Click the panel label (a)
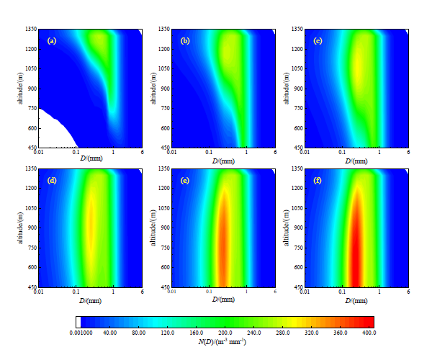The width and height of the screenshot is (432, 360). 52,41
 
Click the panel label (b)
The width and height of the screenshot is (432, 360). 185,41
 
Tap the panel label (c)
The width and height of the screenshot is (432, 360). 318,41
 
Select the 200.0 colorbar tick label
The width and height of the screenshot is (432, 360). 225,333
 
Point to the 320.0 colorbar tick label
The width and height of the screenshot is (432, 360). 310,333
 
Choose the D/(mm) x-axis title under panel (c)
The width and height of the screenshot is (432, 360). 357,161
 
